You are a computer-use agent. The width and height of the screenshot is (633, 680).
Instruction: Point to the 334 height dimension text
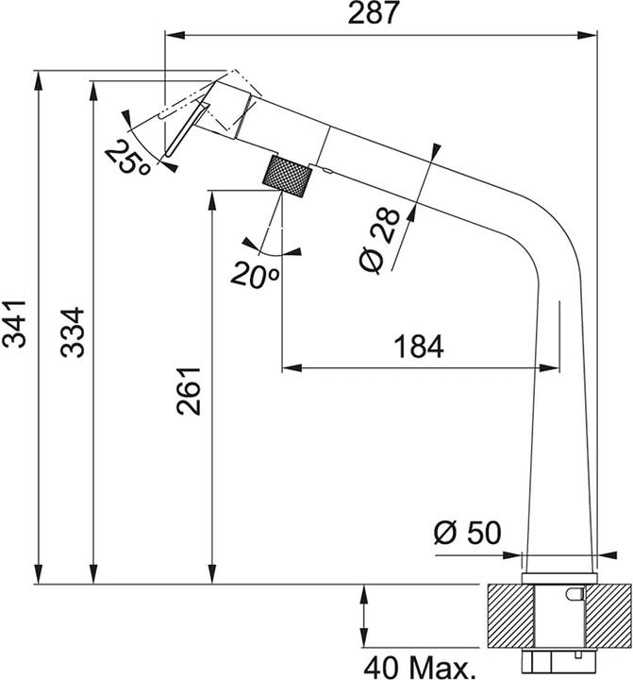73,331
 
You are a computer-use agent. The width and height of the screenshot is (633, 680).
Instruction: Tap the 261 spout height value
189,390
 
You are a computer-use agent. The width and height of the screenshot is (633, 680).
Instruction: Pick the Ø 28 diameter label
382,239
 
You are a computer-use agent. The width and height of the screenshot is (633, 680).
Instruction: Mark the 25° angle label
128,158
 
